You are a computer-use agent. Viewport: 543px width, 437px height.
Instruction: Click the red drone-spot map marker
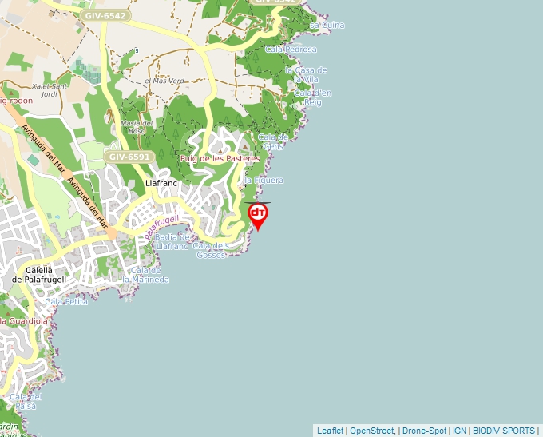[x=258, y=214]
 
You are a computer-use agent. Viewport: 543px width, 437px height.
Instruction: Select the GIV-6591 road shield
[x=129, y=157]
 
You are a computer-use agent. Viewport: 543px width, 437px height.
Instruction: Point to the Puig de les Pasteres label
[x=220, y=159]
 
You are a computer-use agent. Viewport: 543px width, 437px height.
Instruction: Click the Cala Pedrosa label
[x=291, y=50]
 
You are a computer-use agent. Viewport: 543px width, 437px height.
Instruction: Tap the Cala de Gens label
[x=273, y=141]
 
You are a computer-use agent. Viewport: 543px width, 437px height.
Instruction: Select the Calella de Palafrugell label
[x=39, y=274]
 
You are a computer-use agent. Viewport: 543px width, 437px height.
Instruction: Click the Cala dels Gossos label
[x=212, y=250]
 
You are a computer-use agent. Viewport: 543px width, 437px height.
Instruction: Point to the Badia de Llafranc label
[x=172, y=241]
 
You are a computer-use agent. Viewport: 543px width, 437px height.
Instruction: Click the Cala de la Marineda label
[x=150, y=275]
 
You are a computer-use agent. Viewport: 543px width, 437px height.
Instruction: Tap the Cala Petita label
[x=66, y=302]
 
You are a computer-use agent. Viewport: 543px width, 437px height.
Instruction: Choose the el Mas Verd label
[x=164, y=81]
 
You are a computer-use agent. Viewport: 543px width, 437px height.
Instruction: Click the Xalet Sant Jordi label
[x=50, y=89]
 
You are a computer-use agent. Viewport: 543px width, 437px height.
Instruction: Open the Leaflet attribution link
[x=330, y=431]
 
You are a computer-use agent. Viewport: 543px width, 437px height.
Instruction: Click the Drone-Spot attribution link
[x=424, y=431]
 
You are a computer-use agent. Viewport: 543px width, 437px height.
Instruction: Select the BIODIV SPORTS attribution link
[x=503, y=431]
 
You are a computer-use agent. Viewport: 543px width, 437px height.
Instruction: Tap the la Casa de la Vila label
[x=306, y=74]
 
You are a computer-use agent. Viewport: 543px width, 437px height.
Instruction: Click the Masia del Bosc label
[x=137, y=127]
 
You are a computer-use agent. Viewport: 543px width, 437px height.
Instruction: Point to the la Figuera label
[x=264, y=181]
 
